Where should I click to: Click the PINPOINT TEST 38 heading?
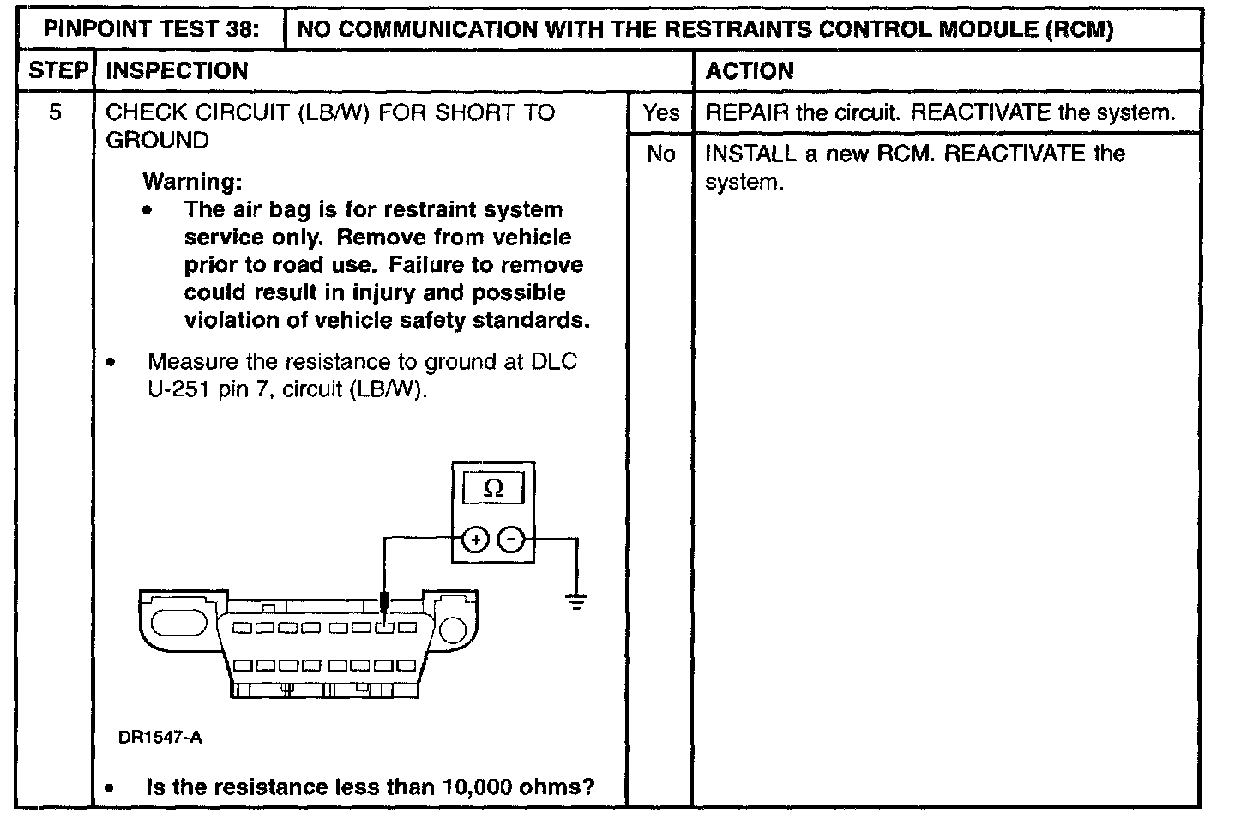tap(152, 30)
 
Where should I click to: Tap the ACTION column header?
tap(749, 70)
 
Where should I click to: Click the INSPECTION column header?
tap(177, 70)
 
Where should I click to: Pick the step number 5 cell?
tap(55, 112)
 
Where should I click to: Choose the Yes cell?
tap(660, 112)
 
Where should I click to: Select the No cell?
tap(660, 154)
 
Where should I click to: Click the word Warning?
tap(192, 182)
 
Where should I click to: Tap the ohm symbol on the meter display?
tap(493, 489)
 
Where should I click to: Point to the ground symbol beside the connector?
tap(577, 602)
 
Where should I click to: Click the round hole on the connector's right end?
tap(453, 630)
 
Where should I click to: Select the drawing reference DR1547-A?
tap(160, 738)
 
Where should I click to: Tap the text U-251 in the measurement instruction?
tap(178, 389)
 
